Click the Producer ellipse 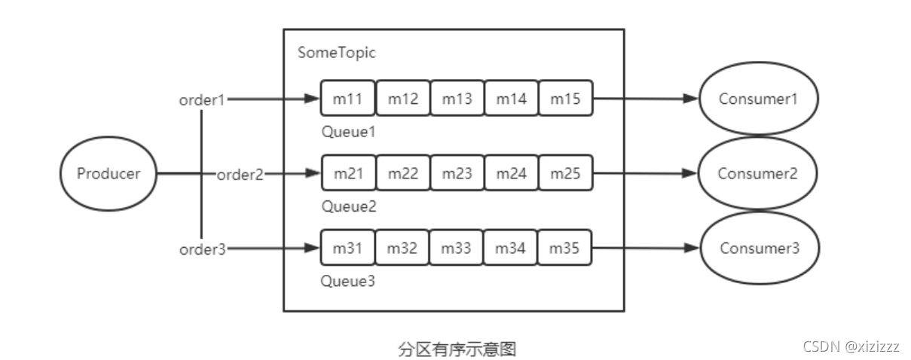108,174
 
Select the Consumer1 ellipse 758,99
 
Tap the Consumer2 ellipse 758,173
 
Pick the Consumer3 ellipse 758,248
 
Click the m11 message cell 348,99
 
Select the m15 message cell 565,99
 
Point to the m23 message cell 457,173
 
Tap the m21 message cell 348,173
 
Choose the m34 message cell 511,248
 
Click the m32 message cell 402,248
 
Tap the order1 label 202,99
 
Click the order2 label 240,175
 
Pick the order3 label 202,249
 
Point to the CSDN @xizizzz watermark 851,347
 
